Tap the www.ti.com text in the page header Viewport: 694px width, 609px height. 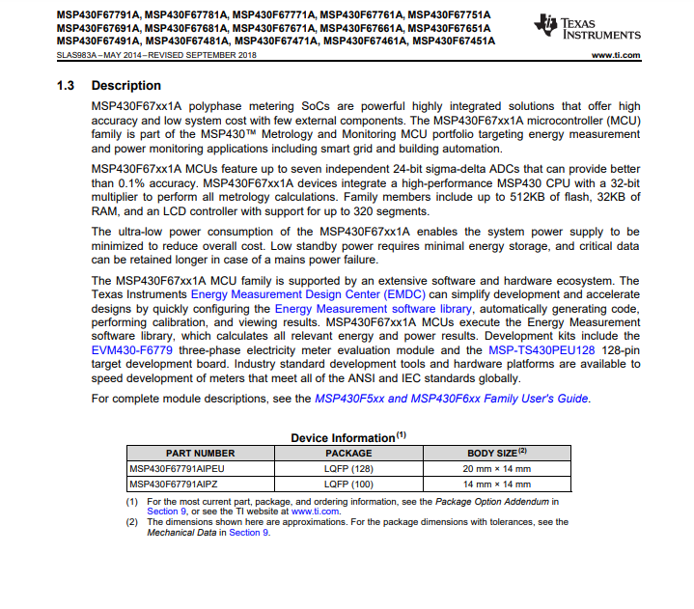point(615,55)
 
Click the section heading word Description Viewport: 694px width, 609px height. point(126,86)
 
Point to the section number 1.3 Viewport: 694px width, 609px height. point(66,86)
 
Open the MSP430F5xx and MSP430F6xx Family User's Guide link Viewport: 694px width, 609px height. point(452,399)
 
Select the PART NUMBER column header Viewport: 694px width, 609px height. point(200,454)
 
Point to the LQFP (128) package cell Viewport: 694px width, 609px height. point(348,469)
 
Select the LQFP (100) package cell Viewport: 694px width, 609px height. point(348,484)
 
